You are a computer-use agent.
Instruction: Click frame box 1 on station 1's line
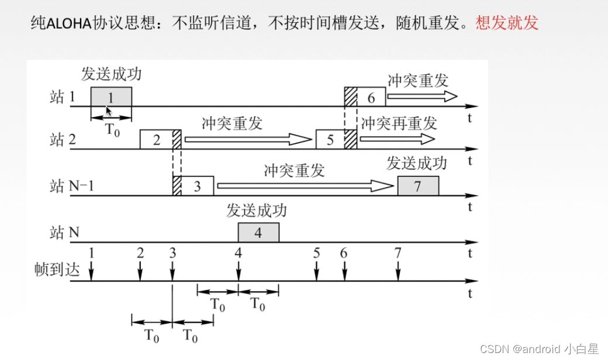point(111,96)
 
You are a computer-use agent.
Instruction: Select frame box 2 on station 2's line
point(156,140)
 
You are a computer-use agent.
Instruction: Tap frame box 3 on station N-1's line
point(197,186)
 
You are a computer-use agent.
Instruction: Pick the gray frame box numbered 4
point(258,232)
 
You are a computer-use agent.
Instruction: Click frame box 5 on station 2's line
point(330,140)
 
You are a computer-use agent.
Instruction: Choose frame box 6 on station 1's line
point(371,96)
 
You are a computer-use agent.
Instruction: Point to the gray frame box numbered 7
point(418,186)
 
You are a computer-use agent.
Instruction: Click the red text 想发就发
point(507,23)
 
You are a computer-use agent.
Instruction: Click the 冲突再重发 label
point(399,123)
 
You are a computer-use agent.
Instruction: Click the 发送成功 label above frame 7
point(416,163)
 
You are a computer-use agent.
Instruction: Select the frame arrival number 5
point(316,253)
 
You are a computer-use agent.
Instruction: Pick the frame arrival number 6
point(344,253)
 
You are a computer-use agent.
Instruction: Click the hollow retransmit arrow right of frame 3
point(304,186)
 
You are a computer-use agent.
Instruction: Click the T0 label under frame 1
point(112,129)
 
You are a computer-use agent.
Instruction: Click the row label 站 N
point(65,233)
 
